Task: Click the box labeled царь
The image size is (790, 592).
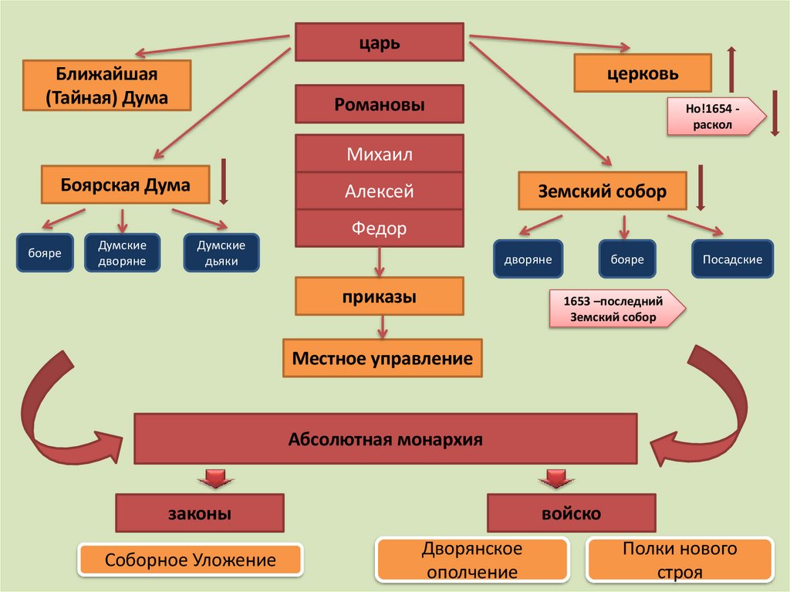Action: tap(379, 42)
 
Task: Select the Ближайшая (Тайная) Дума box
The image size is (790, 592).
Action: tap(106, 86)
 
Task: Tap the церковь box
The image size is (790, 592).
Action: tap(643, 73)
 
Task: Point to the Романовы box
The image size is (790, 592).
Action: tap(379, 104)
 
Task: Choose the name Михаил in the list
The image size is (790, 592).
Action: tap(379, 154)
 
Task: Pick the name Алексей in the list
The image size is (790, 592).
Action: tap(379, 191)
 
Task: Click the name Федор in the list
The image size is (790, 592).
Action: tap(379, 228)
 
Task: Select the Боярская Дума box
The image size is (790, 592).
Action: tap(126, 185)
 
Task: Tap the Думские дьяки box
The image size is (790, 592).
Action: tap(221, 253)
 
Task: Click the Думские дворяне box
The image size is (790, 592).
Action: tap(122, 253)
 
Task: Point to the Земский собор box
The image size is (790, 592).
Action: tap(603, 191)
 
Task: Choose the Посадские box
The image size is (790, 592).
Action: tap(731, 259)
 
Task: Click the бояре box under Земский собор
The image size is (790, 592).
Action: tap(627, 259)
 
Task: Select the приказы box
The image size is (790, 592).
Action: tap(379, 296)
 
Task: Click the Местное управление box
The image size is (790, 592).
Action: tap(382, 358)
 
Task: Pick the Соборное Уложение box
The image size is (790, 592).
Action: tap(191, 560)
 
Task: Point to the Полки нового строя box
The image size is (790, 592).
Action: tap(680, 560)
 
